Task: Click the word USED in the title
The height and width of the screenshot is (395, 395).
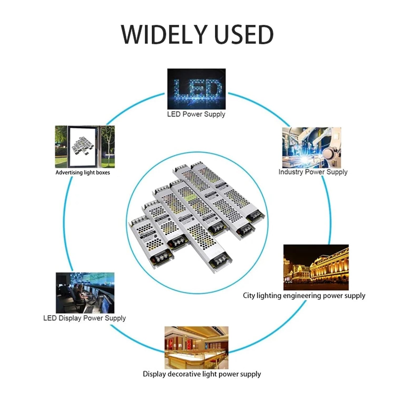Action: point(244,34)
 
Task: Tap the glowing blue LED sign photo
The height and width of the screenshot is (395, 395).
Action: point(196,89)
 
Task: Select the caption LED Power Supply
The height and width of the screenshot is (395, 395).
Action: point(196,114)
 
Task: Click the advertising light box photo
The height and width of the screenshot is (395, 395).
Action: point(85,147)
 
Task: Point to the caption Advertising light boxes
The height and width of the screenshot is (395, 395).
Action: point(83,173)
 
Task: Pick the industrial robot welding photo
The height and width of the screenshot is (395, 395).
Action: point(312,147)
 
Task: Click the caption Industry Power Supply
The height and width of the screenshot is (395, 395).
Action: point(313,172)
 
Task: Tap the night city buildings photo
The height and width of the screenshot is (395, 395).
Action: point(316,267)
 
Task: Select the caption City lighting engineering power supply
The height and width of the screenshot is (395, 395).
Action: point(304,296)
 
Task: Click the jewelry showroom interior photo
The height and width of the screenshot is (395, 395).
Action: point(196,348)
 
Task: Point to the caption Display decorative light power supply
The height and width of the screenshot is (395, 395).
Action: point(202,374)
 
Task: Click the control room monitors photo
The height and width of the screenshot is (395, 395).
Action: point(85,293)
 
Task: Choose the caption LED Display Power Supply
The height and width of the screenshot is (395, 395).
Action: point(85,318)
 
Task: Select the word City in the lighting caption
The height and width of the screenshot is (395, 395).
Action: point(249,296)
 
